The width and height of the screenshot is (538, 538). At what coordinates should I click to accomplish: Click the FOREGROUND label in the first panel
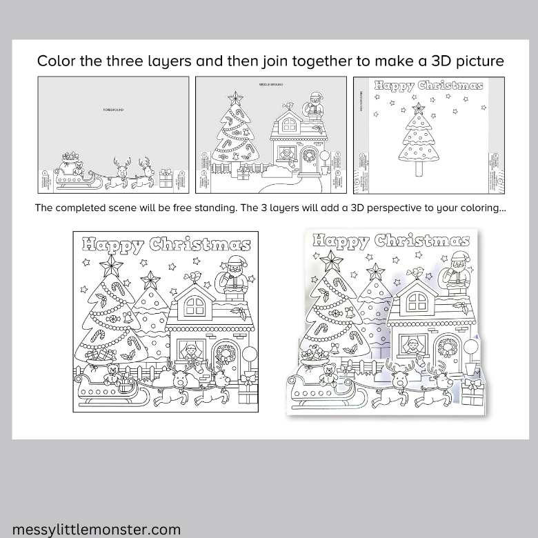tap(114, 110)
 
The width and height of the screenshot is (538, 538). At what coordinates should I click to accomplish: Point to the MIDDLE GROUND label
tap(271, 85)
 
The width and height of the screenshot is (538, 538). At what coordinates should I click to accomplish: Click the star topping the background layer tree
tap(417, 108)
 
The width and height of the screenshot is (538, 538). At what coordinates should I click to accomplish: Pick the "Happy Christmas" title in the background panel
tap(428, 86)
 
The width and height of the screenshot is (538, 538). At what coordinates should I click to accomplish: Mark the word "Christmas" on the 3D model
tap(422, 240)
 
